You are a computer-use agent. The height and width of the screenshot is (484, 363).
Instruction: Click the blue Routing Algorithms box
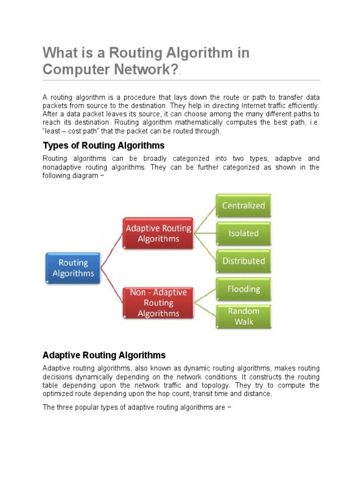[x=73, y=268]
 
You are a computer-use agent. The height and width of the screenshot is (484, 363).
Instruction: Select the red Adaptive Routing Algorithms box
[x=158, y=233]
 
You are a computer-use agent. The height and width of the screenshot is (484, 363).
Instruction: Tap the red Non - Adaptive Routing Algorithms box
[x=158, y=303]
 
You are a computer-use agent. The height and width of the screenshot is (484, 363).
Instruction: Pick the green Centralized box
[x=243, y=206]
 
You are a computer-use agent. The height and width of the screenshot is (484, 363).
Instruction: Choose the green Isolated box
[x=243, y=233]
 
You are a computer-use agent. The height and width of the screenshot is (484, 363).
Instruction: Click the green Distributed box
[x=243, y=261]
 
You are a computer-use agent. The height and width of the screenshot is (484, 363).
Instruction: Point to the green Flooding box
[x=243, y=289]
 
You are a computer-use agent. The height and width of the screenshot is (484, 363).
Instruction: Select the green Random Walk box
[x=243, y=316]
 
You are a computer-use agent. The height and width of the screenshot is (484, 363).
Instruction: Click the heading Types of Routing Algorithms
[x=104, y=145]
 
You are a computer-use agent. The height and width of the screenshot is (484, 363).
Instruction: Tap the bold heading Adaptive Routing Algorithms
[x=104, y=355]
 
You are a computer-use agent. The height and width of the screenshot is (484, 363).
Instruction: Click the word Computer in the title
[x=76, y=69]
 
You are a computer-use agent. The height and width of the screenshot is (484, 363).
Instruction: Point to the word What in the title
[x=59, y=53]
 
